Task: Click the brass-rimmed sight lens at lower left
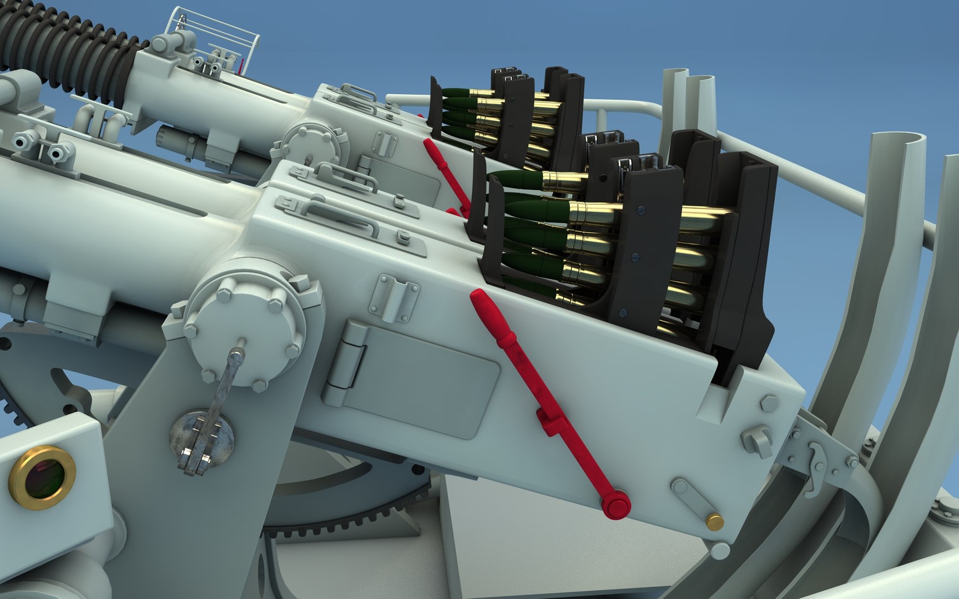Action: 43,476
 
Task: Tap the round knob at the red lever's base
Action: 617,506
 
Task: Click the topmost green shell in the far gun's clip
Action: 455,93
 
